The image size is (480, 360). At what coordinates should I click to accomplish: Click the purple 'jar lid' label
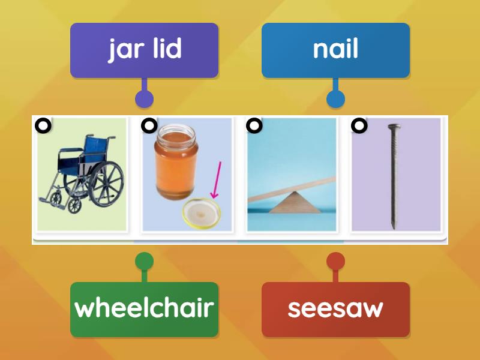144,50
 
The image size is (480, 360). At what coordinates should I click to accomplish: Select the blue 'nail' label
335,50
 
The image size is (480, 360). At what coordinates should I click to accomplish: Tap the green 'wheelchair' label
144,308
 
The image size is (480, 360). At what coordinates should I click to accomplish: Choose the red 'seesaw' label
335,308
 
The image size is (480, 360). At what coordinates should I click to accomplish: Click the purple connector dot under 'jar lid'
144,99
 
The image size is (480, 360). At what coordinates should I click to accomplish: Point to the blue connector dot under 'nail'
335,99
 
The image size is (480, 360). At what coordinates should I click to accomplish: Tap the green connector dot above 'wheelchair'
144,262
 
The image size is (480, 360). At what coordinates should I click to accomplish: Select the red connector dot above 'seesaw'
335,262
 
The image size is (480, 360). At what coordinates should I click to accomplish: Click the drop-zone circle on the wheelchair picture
43,125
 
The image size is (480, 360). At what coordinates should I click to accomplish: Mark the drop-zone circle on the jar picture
149,125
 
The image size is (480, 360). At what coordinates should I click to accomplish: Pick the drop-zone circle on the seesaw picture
254,125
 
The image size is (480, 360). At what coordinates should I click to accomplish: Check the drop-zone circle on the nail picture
359,125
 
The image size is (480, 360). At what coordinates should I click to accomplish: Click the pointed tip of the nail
394,227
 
